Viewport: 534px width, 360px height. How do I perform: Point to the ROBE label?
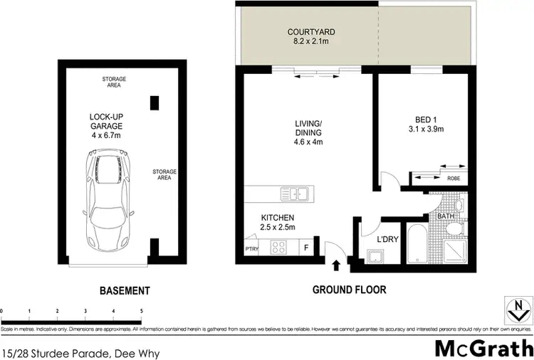(452, 179)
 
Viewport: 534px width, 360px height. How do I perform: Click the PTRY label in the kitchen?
(251, 250)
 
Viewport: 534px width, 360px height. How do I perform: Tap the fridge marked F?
(306, 248)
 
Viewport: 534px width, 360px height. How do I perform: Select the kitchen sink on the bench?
(294, 193)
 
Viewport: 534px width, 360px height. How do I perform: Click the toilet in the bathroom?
(452, 228)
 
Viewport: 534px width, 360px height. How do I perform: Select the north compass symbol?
(518, 307)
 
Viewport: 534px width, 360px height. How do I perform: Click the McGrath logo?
(483, 349)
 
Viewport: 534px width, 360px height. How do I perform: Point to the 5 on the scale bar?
(141, 312)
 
